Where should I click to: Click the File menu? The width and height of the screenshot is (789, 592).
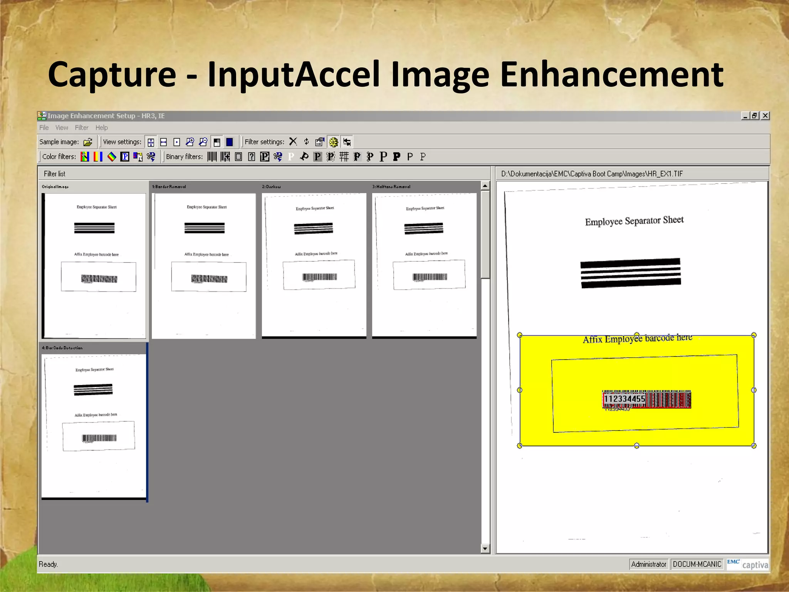pyautogui.click(x=44, y=128)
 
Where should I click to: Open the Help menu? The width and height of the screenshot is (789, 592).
pyautogui.click(x=101, y=128)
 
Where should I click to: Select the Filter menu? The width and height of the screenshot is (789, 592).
pyautogui.click(x=81, y=128)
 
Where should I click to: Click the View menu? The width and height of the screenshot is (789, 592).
pyautogui.click(x=62, y=128)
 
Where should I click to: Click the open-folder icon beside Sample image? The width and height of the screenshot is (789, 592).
pyautogui.click(x=88, y=142)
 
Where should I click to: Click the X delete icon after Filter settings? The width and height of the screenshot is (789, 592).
pyautogui.click(x=293, y=141)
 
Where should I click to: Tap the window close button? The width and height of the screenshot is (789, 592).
pyautogui.click(x=765, y=116)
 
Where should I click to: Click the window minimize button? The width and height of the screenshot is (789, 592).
pyautogui.click(x=745, y=116)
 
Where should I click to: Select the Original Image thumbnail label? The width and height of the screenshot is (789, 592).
pyautogui.click(x=55, y=187)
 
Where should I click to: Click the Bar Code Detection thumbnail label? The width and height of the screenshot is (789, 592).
pyautogui.click(x=62, y=348)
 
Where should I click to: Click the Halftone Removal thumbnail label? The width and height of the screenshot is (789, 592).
pyautogui.click(x=391, y=187)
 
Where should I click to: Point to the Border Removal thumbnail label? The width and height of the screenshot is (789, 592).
pyautogui.click(x=169, y=187)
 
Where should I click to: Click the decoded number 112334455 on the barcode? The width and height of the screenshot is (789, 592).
pyautogui.click(x=624, y=399)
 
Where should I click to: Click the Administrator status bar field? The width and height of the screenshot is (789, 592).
pyautogui.click(x=649, y=564)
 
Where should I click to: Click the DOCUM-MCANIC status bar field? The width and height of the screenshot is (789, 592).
pyautogui.click(x=697, y=564)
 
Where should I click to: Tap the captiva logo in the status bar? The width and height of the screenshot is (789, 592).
pyautogui.click(x=755, y=565)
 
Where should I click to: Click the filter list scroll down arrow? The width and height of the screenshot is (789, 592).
pyautogui.click(x=485, y=548)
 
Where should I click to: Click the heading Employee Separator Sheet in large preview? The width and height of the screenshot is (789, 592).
pyautogui.click(x=634, y=221)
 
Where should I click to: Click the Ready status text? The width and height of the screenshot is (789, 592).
pyautogui.click(x=48, y=564)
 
